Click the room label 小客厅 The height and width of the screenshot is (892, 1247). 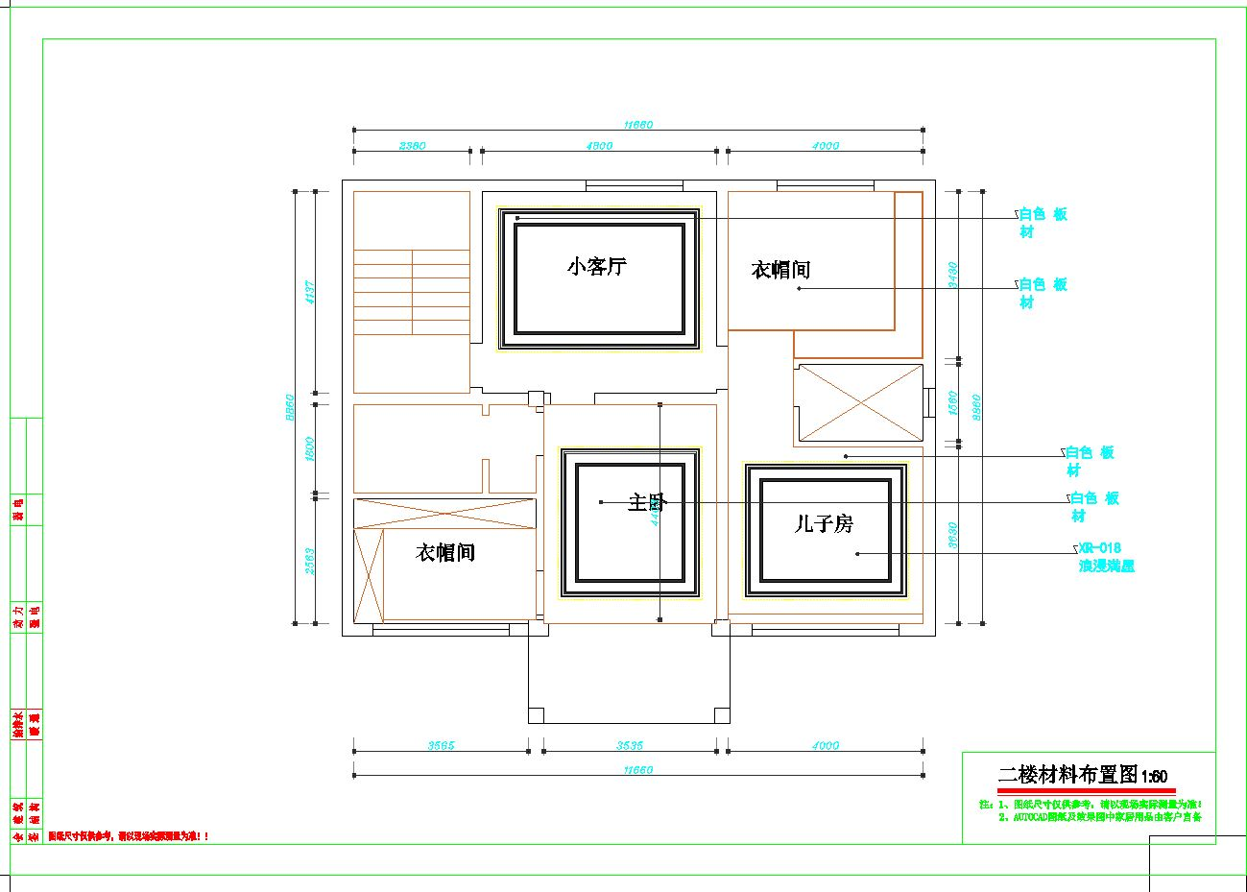pyautogui.click(x=596, y=267)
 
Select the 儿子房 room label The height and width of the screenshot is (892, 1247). pyautogui.click(x=824, y=524)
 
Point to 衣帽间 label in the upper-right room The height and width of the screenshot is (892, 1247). pyautogui.click(x=780, y=271)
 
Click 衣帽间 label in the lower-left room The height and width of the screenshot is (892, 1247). pyautogui.click(x=445, y=553)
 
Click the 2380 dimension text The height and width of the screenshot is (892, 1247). pyautogui.click(x=412, y=146)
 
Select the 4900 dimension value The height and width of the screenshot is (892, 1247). pyautogui.click(x=599, y=146)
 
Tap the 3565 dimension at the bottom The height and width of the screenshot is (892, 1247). pyautogui.click(x=441, y=745)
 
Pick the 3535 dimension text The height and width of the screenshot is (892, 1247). pyautogui.click(x=629, y=745)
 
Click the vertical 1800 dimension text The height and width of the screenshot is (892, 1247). pyautogui.click(x=310, y=449)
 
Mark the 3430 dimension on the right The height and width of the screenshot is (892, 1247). pyautogui.click(x=952, y=276)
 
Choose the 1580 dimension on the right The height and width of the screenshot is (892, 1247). pyautogui.click(x=952, y=402)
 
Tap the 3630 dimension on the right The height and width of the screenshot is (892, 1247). pyautogui.click(x=952, y=536)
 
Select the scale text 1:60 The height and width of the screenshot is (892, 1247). pyautogui.click(x=1154, y=777)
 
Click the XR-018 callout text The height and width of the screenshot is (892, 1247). pyautogui.click(x=1100, y=548)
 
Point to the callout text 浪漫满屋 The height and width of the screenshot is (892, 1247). pyautogui.click(x=1107, y=567)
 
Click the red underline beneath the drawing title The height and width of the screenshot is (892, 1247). pyautogui.click(x=1086, y=790)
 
